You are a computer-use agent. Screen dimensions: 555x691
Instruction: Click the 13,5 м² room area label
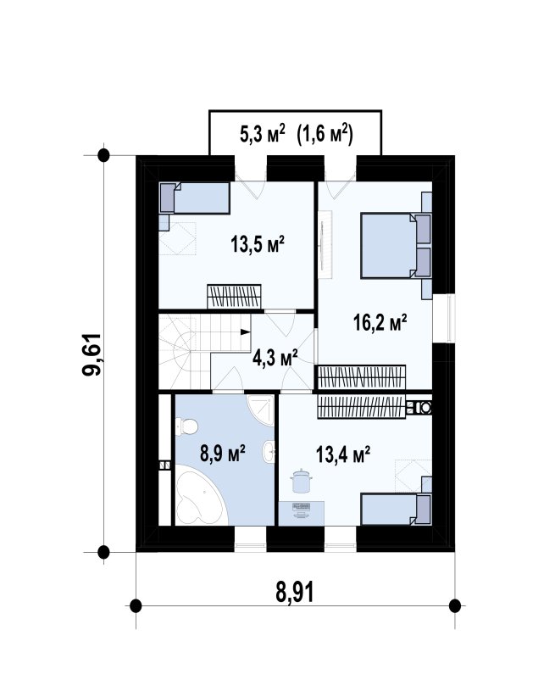coord(258,243)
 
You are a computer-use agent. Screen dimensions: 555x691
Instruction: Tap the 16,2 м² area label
coord(380,322)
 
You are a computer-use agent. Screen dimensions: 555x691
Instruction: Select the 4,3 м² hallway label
coord(275,358)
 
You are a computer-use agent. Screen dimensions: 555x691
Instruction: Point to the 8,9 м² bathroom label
coord(223,454)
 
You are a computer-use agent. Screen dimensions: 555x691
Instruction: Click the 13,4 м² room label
coord(342,454)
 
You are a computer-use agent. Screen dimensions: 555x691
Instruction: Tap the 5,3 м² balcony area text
coord(263,133)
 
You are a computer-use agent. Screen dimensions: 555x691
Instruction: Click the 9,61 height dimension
coord(92,354)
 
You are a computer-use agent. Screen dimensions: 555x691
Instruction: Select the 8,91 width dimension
coord(295,593)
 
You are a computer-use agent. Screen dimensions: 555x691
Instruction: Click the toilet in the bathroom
coord(186,426)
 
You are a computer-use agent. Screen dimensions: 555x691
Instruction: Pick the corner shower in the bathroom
coord(262,410)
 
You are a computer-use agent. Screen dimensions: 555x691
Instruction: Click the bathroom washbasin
coord(269,452)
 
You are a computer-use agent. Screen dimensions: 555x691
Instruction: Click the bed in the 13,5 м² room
coord(195,198)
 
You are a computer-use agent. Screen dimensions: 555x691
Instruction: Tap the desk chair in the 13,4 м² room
coord(301,481)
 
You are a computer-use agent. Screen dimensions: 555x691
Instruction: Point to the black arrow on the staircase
coord(245,332)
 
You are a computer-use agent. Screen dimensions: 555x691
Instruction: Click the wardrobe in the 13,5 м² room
coord(234,297)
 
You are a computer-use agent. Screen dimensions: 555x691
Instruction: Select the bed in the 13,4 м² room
coord(396,510)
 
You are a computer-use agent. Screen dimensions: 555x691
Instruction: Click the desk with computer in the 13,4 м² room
coord(302,514)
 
